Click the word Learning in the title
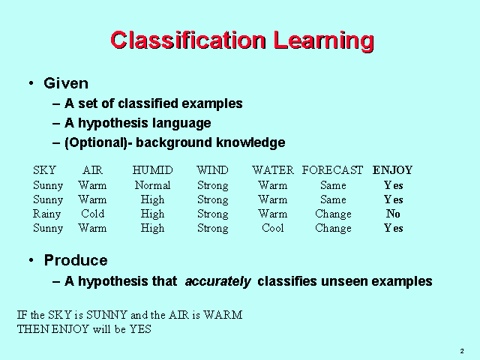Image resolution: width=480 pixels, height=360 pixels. [322, 40]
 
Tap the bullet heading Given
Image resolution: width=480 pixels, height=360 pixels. [66, 83]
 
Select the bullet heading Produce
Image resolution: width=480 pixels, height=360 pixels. [76, 260]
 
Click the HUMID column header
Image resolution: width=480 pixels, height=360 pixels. [152, 170]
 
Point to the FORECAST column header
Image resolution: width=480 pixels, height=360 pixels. [332, 170]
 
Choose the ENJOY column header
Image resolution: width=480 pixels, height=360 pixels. [393, 170]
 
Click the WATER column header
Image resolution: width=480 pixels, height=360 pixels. [273, 170]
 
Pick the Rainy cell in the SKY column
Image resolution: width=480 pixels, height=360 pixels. [48, 214]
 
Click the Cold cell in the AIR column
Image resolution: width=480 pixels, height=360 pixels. [92, 214]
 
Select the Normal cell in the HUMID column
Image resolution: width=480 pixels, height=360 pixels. [152, 185]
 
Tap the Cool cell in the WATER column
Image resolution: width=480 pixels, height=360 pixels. [273, 228]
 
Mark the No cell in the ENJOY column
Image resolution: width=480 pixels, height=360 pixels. [393, 214]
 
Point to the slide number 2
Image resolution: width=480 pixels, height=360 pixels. [461, 351]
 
